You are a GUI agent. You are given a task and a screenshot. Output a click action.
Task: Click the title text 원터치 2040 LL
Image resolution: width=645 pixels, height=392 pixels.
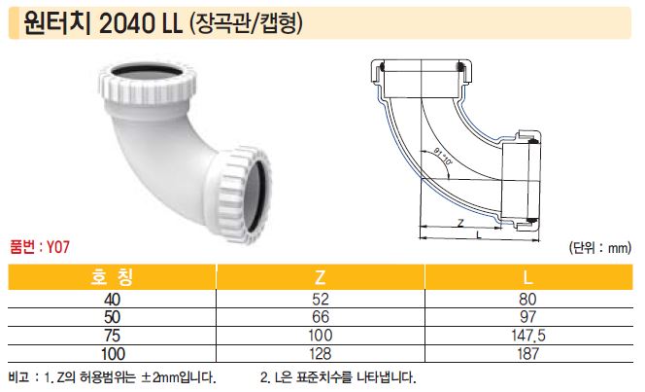(103, 24)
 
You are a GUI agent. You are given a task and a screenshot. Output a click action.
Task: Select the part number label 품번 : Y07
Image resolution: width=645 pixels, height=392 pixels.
(40, 247)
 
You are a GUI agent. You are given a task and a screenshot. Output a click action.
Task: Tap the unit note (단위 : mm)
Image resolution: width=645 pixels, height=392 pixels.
(600, 247)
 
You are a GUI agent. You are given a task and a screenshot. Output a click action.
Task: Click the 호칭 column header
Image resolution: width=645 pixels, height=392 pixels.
(113, 277)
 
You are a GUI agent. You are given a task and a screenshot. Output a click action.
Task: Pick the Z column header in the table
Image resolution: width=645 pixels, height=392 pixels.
(320, 277)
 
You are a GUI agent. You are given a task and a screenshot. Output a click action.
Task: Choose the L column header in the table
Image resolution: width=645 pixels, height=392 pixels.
(527, 277)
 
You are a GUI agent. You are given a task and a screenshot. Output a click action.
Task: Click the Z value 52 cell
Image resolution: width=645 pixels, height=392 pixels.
(321, 299)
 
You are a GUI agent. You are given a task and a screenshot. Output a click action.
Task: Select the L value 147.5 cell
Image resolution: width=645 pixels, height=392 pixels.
(528, 336)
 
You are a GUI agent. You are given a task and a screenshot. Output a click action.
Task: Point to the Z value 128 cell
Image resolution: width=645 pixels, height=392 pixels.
(320, 353)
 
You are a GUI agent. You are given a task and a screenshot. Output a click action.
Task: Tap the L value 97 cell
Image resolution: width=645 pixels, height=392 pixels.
(528, 317)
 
